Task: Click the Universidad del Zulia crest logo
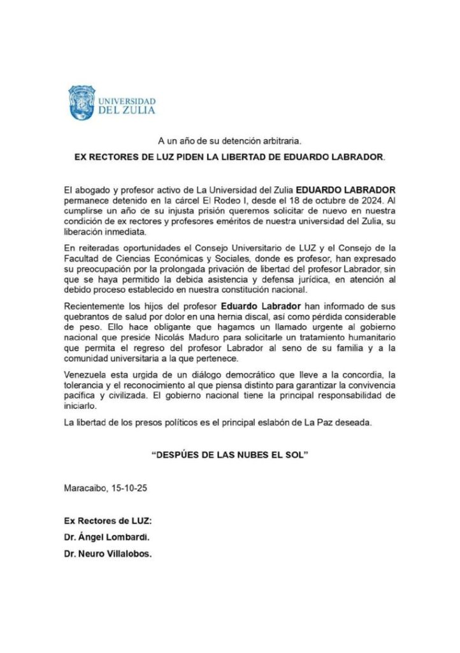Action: tap(81, 103)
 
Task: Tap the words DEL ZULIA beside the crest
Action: tap(126, 110)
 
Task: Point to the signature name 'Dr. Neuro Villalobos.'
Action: tap(108, 554)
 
